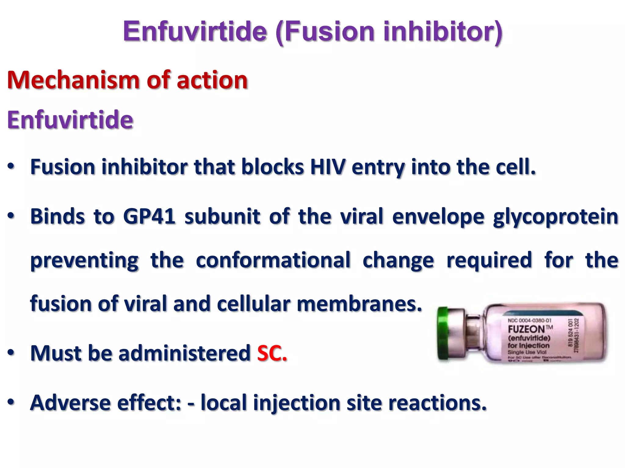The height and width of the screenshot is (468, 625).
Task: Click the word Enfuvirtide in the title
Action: coord(195,31)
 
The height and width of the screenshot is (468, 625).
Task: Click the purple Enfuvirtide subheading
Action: coord(70,120)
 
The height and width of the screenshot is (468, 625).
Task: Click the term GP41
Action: coord(149,216)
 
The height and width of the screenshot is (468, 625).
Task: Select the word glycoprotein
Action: coord(555,217)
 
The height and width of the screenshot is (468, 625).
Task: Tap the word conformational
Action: coord(273,260)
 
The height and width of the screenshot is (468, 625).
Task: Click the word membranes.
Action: coord(359,304)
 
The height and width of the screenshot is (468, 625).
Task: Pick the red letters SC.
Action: coord(272,353)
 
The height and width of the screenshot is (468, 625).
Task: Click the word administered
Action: coord(185,353)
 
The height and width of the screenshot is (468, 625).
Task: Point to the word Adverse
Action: coord(70,403)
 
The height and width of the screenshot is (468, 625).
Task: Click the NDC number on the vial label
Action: coord(529,320)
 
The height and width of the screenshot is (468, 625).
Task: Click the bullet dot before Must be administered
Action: coord(11,353)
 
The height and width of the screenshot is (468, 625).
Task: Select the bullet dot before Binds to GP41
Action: coord(11,216)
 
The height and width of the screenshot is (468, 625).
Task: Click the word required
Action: coord(489,260)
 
